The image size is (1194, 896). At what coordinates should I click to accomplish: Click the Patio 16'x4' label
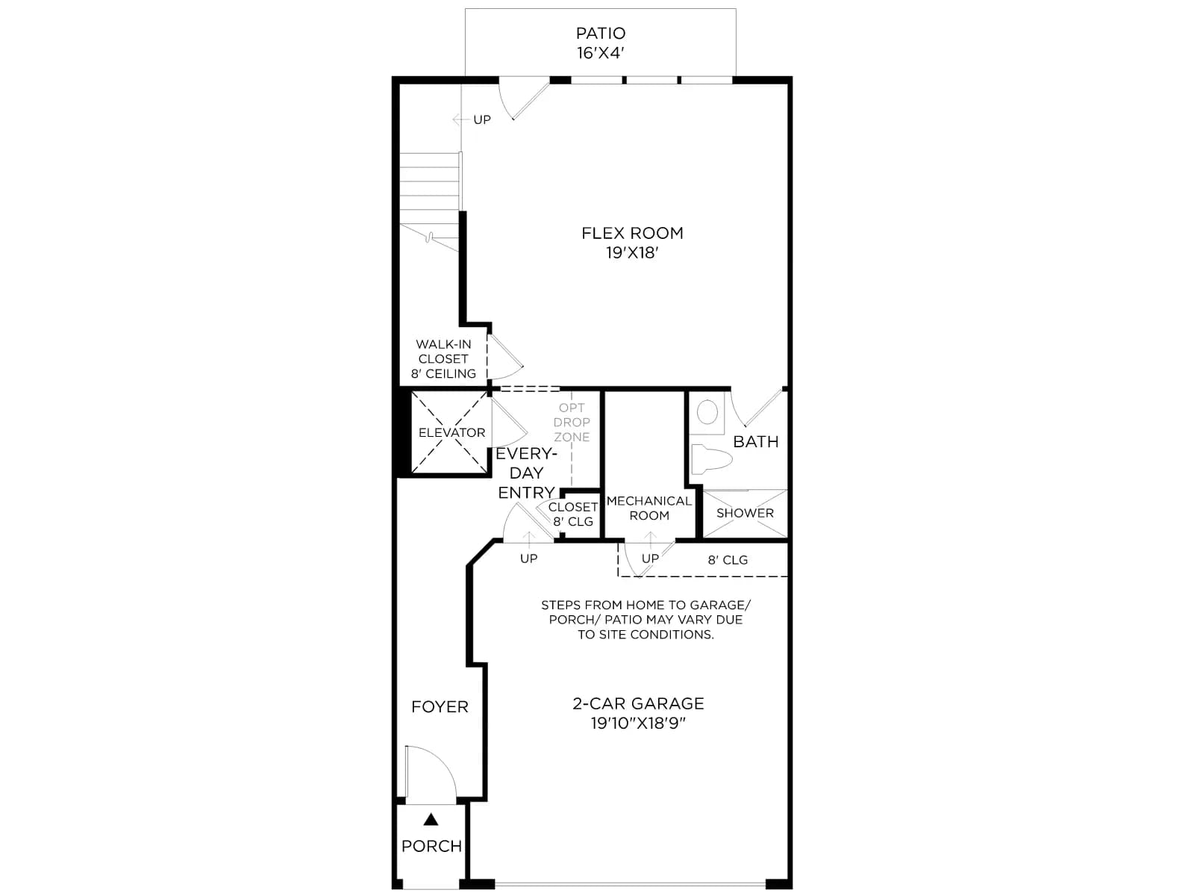coord(601,43)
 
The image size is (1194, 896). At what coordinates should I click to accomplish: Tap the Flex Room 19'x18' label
coord(632,243)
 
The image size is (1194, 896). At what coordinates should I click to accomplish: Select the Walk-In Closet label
coord(443,359)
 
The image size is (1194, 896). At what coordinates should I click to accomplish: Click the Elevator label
coord(451,432)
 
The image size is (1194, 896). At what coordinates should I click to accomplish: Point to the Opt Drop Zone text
coord(572,422)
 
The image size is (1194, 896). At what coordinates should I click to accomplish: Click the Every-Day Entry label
coord(526,473)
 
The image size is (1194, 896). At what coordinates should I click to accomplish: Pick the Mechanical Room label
coord(649,508)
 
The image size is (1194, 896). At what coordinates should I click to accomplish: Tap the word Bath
coord(755,442)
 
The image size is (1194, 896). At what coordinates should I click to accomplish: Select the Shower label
coord(745,513)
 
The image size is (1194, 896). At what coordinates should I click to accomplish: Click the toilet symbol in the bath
coord(711,459)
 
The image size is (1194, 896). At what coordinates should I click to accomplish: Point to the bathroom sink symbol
coord(707,412)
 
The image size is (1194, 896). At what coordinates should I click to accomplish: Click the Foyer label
coord(440,706)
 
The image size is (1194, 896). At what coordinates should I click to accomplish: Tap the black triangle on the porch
coord(431,819)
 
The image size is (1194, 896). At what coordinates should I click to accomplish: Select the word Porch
coord(431,846)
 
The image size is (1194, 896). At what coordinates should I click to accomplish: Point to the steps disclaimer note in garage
coord(646,620)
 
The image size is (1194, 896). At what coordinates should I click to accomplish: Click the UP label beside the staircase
coord(482,119)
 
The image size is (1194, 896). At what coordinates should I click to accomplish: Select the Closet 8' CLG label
coord(573,514)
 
